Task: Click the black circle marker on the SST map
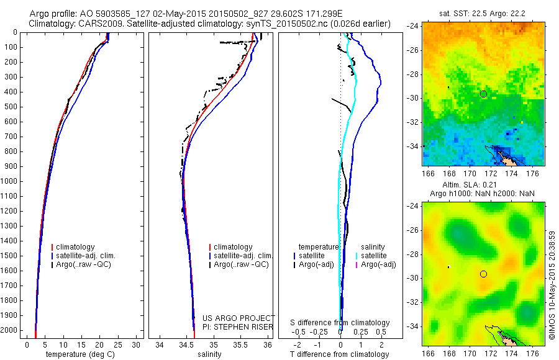coord(483,94)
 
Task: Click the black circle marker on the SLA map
coord(483,274)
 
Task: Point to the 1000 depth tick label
coord(12,181)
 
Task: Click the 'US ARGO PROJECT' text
coord(238,318)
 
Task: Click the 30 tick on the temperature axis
coord(137,344)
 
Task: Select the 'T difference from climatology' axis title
coord(340,354)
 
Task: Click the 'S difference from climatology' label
coord(340,323)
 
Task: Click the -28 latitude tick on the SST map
coord(412,74)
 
